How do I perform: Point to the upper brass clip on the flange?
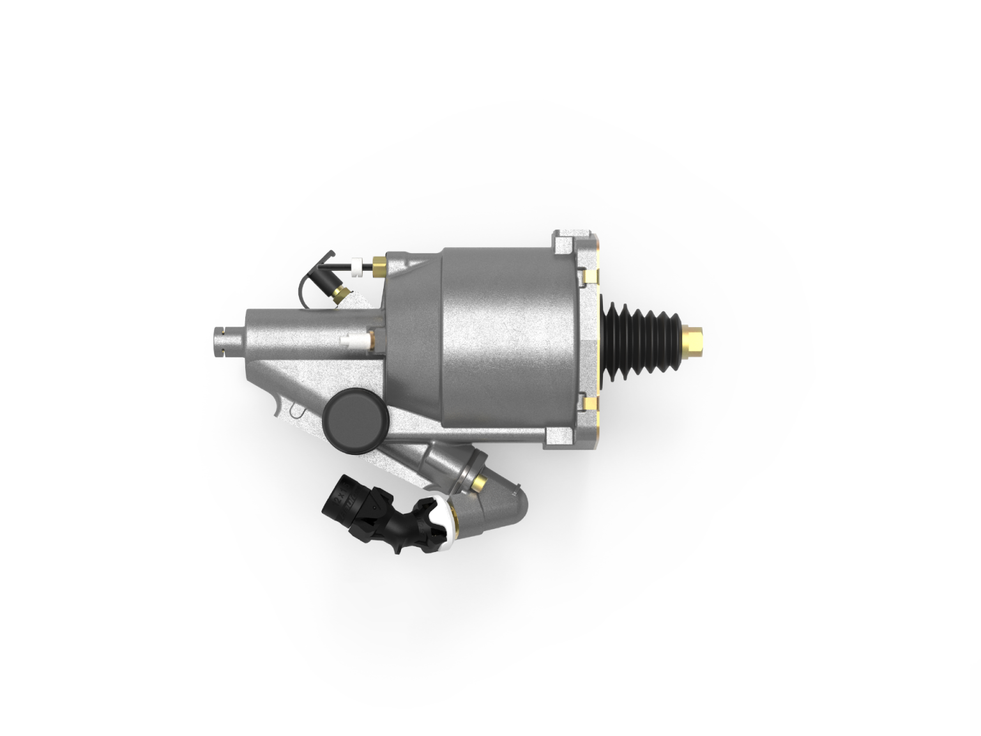point(590,275)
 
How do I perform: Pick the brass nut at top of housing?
point(378,264)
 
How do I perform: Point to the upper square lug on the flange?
point(564,243)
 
